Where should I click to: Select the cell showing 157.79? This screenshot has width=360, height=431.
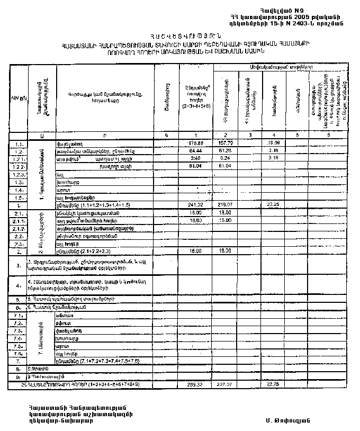click(x=226, y=143)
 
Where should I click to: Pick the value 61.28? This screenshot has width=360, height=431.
click(x=226, y=151)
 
